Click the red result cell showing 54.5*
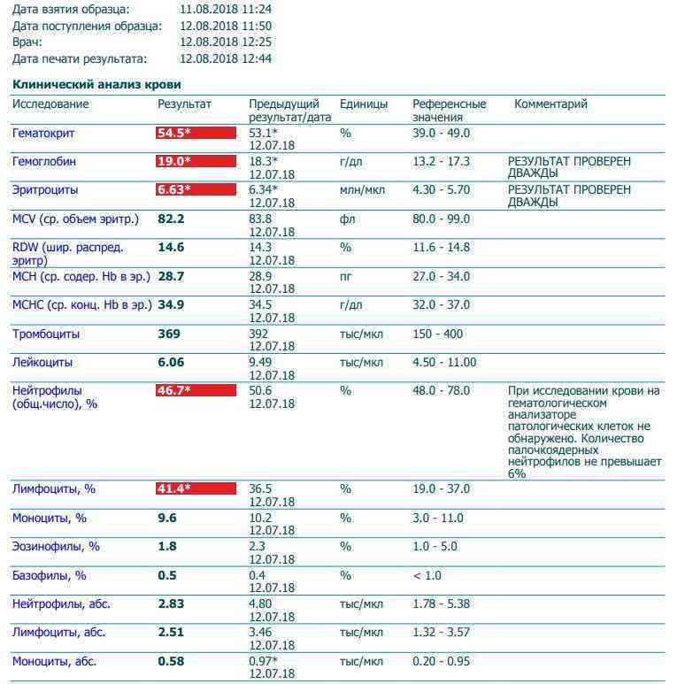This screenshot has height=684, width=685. (x=196, y=134)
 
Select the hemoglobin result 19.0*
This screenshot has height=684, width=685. (x=196, y=162)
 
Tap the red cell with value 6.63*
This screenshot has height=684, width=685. (x=196, y=190)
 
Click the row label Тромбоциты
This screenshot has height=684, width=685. (x=46, y=334)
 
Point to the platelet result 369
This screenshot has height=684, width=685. (x=169, y=334)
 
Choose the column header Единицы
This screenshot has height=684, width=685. (x=364, y=104)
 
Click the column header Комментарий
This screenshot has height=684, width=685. (x=550, y=104)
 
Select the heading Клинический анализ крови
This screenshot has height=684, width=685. (x=96, y=84)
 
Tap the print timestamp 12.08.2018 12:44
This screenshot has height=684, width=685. (x=225, y=59)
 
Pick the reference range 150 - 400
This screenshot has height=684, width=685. (x=438, y=334)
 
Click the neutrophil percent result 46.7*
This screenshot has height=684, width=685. (x=196, y=390)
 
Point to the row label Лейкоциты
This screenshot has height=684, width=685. (x=42, y=363)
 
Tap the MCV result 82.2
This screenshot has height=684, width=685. (x=171, y=219)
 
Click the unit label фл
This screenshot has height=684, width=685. (x=347, y=219)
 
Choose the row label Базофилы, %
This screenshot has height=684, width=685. (x=49, y=575)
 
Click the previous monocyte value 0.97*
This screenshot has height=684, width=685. (x=263, y=661)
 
